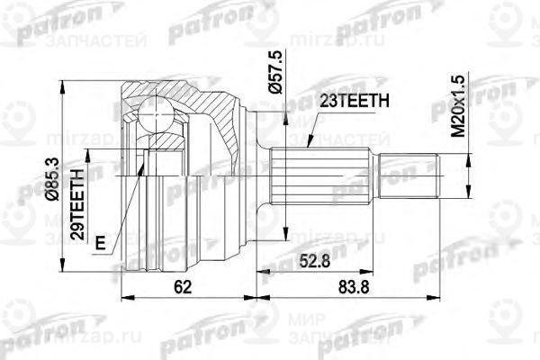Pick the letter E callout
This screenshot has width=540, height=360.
pos(99,241)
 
